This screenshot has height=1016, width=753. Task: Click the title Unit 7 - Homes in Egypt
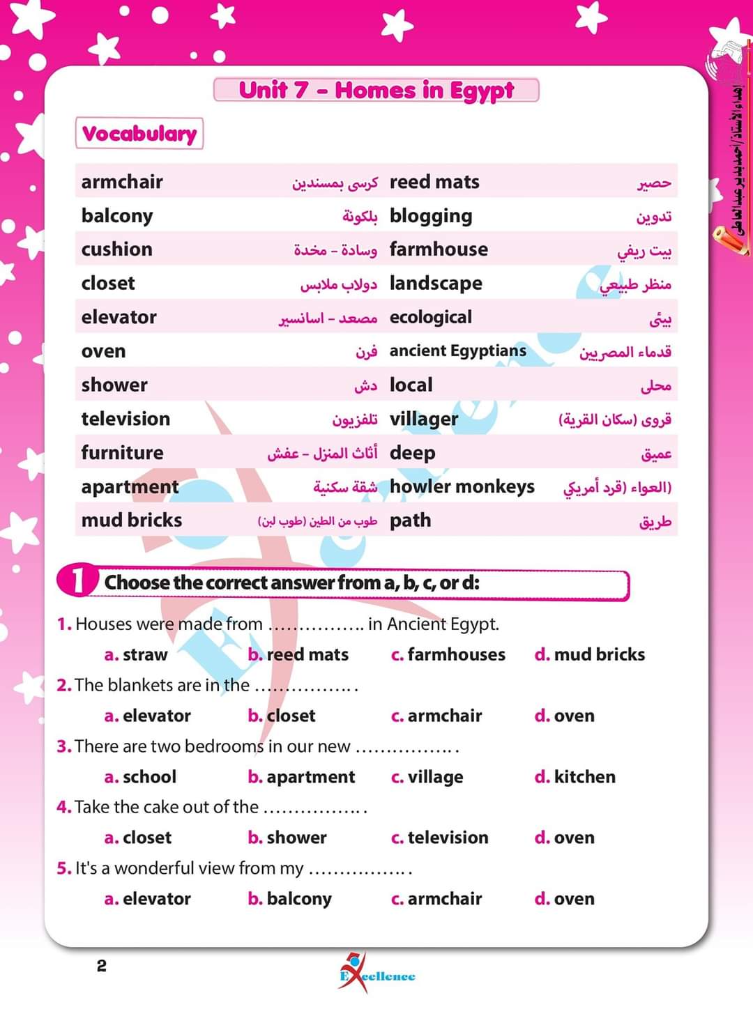pos(376,91)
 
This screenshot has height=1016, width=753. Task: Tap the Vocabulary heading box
pos(139,134)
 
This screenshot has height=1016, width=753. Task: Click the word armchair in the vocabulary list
pos(122,182)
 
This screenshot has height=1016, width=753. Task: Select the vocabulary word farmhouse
pos(439,249)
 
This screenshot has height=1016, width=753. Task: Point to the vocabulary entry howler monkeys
pos(462,486)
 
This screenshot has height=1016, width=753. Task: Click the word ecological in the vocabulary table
pos(430,318)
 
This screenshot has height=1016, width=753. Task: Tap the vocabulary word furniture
pos(122,453)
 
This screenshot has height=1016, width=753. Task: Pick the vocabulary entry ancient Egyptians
pos(457,351)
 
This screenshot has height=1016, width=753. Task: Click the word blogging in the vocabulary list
pos(431,217)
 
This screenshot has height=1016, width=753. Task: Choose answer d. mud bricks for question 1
pos(590,654)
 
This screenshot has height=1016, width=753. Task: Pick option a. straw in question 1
pos(136,655)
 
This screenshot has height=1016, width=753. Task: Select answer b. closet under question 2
pos(282,716)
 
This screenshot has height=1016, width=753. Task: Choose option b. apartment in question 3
pos(301,777)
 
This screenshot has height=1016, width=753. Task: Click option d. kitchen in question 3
pos(575,777)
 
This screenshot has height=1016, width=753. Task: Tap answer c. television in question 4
pos(440,838)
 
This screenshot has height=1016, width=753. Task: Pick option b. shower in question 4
pos(287,838)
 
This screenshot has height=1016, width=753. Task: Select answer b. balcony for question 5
pos(290,899)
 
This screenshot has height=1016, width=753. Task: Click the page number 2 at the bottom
pos(102,966)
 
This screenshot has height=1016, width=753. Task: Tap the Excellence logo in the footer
pos(376,973)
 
